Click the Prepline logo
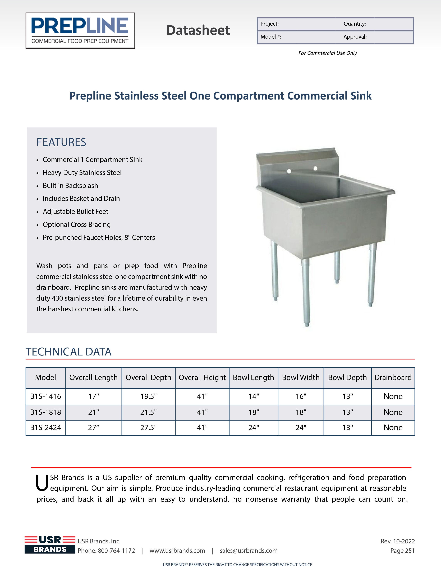pos(80,31)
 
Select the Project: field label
pos(269,24)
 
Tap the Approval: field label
pos(355,37)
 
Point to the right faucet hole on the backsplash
pos(315,168)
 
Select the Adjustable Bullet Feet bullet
pos(75,211)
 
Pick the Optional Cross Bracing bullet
pos(77,224)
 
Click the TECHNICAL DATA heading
pos(68,352)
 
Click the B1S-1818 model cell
pos(45,412)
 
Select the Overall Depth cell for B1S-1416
pos(148,396)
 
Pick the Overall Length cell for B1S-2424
pos(94,428)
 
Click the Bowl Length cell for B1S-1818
pos(254,412)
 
